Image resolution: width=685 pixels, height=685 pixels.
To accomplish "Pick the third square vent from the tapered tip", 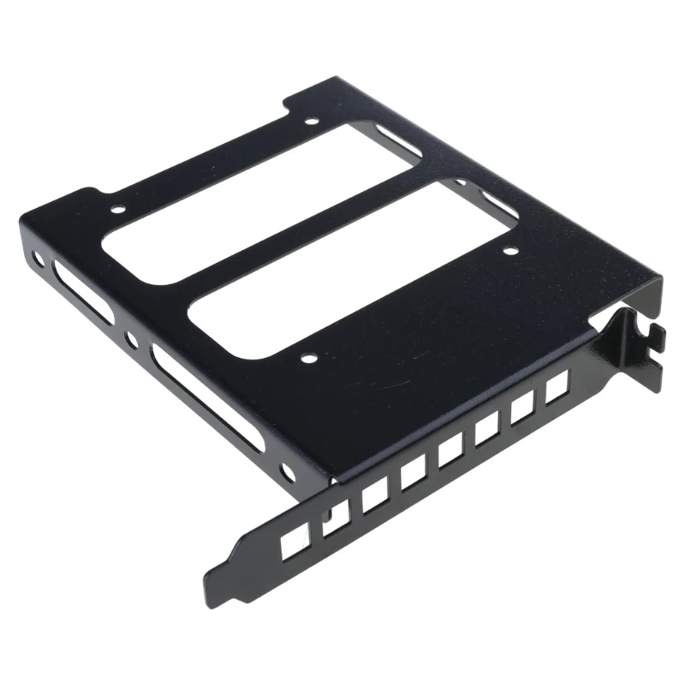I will click(373, 497).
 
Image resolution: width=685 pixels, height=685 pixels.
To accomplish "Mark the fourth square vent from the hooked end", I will click(450, 453).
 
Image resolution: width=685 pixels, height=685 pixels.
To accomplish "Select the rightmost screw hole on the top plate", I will click(510, 252).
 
